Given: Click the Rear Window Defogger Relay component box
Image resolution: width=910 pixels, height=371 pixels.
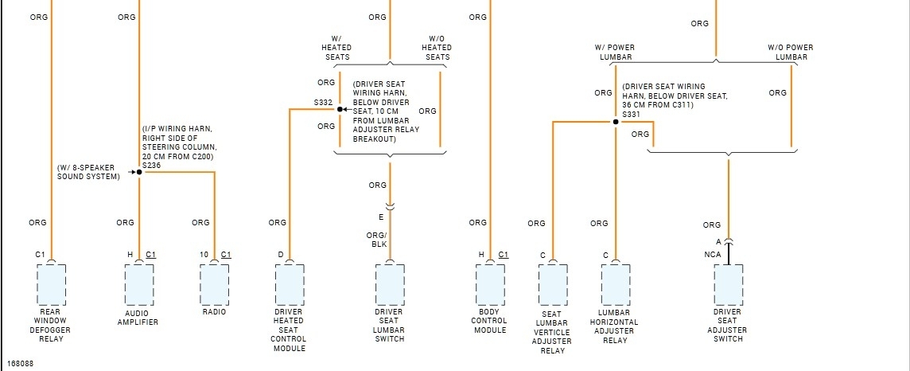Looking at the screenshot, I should (x=52, y=284).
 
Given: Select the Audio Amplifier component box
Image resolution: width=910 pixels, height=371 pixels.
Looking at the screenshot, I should (x=138, y=284).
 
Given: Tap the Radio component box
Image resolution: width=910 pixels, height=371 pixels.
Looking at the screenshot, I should (x=214, y=284).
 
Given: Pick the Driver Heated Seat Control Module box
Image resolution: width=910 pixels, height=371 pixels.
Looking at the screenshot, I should (x=289, y=284).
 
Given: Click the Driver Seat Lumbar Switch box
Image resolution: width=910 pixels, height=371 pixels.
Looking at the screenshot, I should (x=389, y=284).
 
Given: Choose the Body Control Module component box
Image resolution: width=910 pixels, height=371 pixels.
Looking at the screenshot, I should (x=490, y=284).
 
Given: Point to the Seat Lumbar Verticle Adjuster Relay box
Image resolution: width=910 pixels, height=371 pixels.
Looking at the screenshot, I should (x=552, y=284).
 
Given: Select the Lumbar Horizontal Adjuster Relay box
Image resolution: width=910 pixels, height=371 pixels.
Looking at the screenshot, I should (x=615, y=284).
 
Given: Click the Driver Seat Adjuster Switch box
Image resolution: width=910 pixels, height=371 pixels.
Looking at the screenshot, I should (x=728, y=284).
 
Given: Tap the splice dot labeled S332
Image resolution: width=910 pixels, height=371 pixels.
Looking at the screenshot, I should (x=340, y=109).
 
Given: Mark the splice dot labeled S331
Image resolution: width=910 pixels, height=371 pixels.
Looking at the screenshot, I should (x=615, y=122).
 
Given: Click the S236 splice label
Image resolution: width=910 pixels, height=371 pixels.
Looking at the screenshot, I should (x=151, y=165).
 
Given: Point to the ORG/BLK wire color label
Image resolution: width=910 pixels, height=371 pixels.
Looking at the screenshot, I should (x=376, y=240).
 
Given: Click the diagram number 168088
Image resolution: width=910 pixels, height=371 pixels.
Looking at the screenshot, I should (x=21, y=364).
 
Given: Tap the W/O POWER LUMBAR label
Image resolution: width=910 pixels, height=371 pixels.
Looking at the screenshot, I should (x=790, y=52).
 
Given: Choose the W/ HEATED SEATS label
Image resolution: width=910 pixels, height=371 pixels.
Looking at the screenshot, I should (x=336, y=47).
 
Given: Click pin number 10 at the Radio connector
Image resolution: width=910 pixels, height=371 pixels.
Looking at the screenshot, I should (x=204, y=254).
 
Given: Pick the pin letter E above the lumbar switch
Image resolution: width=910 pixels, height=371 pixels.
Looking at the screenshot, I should (x=381, y=216).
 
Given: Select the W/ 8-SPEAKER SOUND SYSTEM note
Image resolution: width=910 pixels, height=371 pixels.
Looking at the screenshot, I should (x=88, y=171).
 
